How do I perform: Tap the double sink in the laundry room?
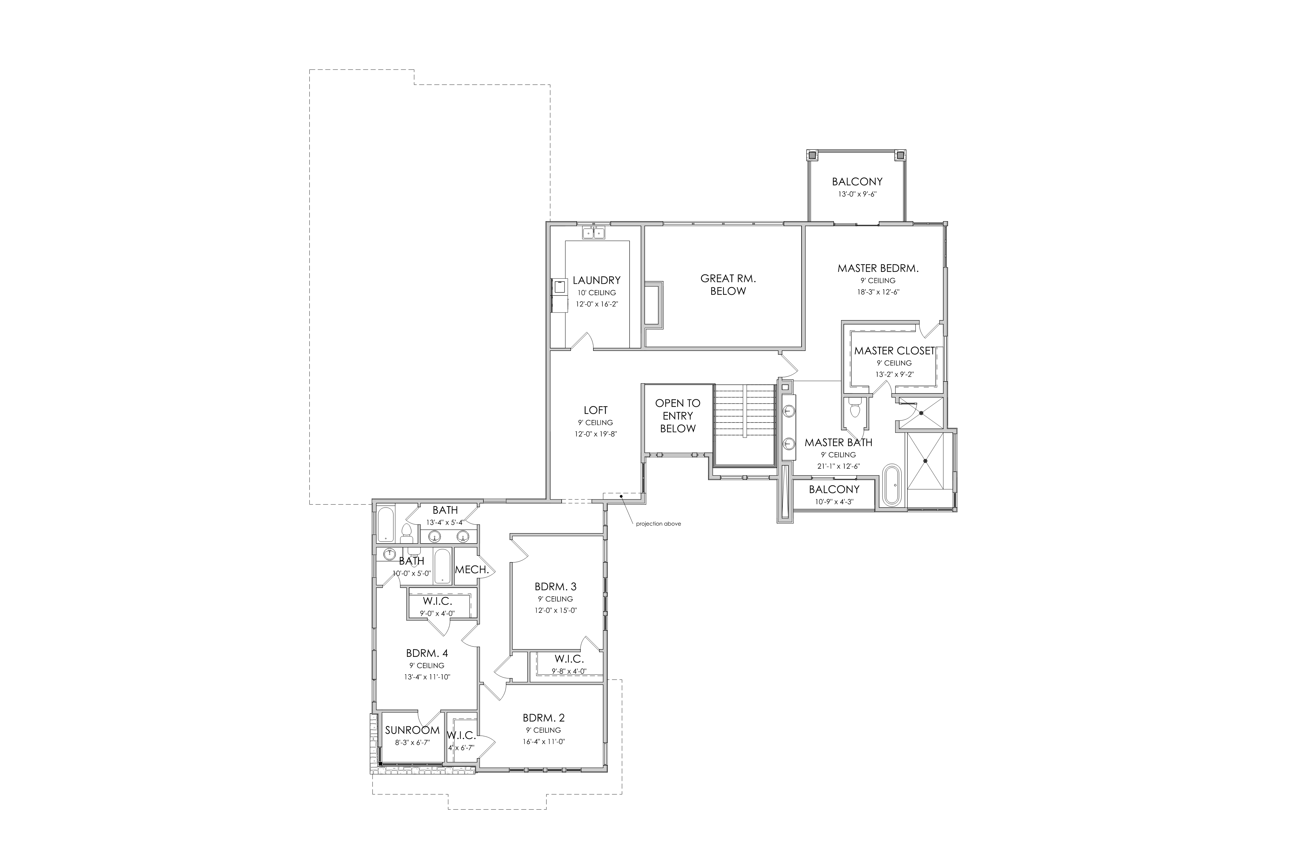594,233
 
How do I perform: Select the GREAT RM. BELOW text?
728,285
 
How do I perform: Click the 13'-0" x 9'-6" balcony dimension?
857,194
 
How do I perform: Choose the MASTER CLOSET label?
894,351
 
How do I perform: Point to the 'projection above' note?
659,524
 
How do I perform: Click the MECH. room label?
472,570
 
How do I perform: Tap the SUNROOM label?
412,730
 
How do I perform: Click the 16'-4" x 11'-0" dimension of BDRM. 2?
544,741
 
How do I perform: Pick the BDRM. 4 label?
427,653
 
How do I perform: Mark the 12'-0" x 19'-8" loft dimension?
596,434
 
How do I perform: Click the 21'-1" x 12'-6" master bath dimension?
838,466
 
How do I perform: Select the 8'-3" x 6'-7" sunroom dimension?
412,743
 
